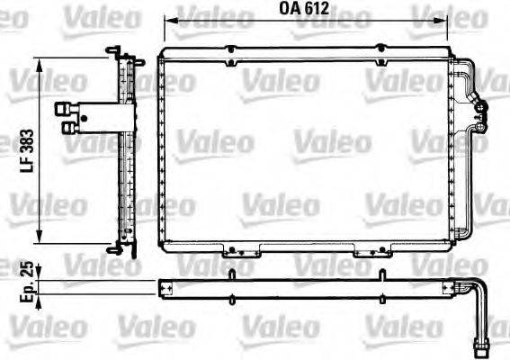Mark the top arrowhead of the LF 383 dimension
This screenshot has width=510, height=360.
point(40,60)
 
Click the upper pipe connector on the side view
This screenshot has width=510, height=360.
point(65,109)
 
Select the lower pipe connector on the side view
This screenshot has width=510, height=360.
point(68,127)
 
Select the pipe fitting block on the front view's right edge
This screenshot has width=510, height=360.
point(480,112)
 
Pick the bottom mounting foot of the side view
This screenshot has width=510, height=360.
point(113,247)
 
